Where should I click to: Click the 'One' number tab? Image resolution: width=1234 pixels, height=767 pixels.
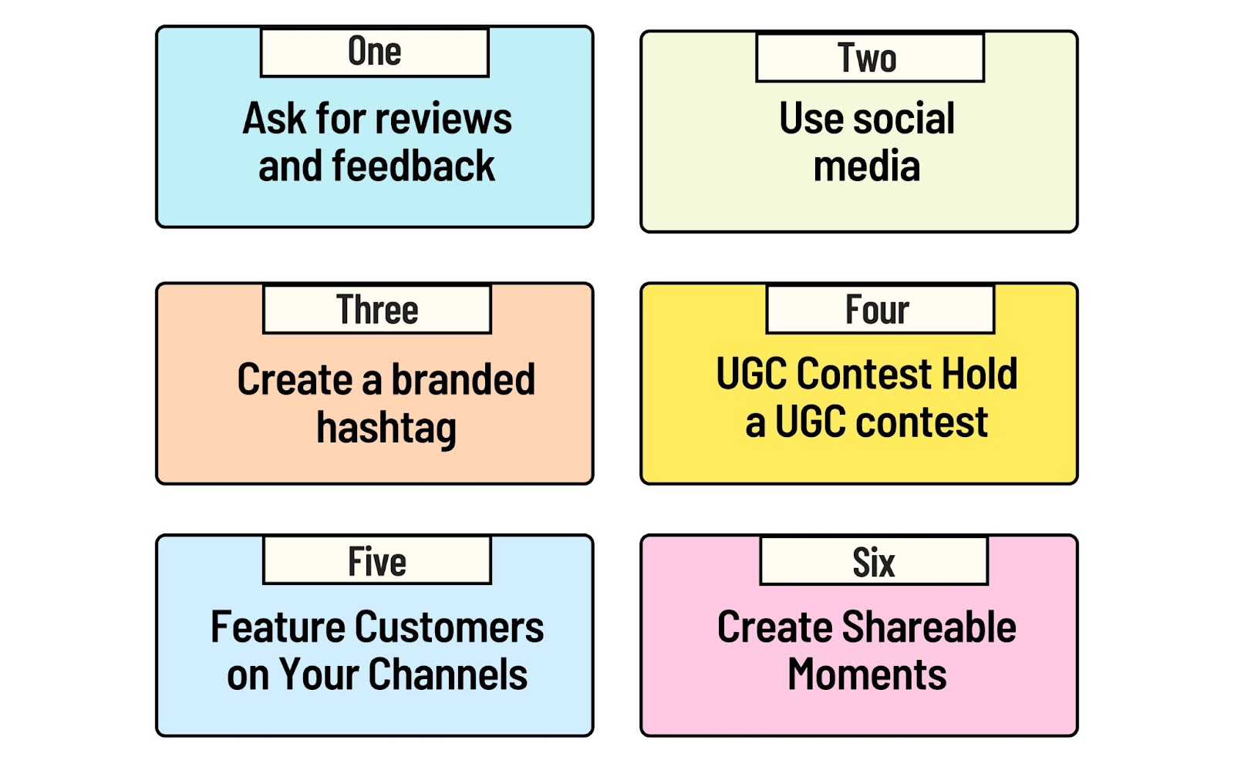coord(375,52)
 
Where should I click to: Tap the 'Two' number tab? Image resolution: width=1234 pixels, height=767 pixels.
coord(870,58)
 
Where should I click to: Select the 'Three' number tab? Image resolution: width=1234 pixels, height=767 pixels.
coord(377,309)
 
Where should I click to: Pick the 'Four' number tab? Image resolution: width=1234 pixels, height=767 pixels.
coord(880,309)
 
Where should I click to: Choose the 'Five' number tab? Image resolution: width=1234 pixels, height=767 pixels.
coord(377,560)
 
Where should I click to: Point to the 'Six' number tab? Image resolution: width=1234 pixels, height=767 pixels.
coord(875,561)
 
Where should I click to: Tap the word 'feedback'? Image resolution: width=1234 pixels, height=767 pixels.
coord(413,165)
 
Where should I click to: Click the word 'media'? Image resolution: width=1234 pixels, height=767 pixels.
coord(867,166)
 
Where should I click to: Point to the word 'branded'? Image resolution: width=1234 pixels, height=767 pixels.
coord(464,378)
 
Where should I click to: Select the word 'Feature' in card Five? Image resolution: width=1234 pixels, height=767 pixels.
coord(278,627)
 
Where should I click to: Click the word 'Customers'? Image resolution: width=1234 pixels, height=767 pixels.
coord(449,627)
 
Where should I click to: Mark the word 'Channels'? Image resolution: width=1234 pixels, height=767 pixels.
coord(448,674)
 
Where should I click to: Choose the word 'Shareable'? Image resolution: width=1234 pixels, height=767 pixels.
coord(929,627)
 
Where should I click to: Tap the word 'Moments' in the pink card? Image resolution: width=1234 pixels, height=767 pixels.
coord(867,674)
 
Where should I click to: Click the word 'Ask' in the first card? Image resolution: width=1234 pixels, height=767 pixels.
coord(274,118)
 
